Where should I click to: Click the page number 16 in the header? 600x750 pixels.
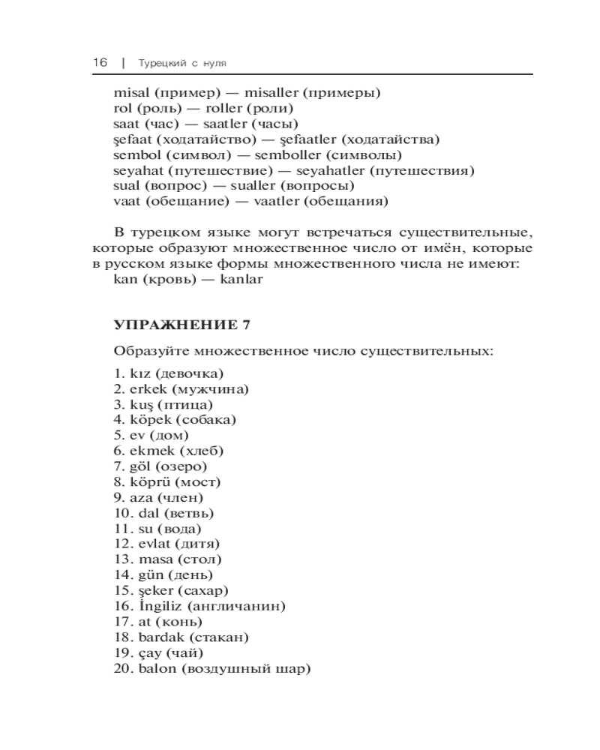coord(100,63)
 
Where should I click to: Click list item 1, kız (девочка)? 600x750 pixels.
coord(169,373)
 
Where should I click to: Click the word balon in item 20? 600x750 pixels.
coord(155,668)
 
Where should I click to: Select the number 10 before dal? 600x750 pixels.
coord(122,513)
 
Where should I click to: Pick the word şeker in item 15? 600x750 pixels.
coord(157,590)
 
